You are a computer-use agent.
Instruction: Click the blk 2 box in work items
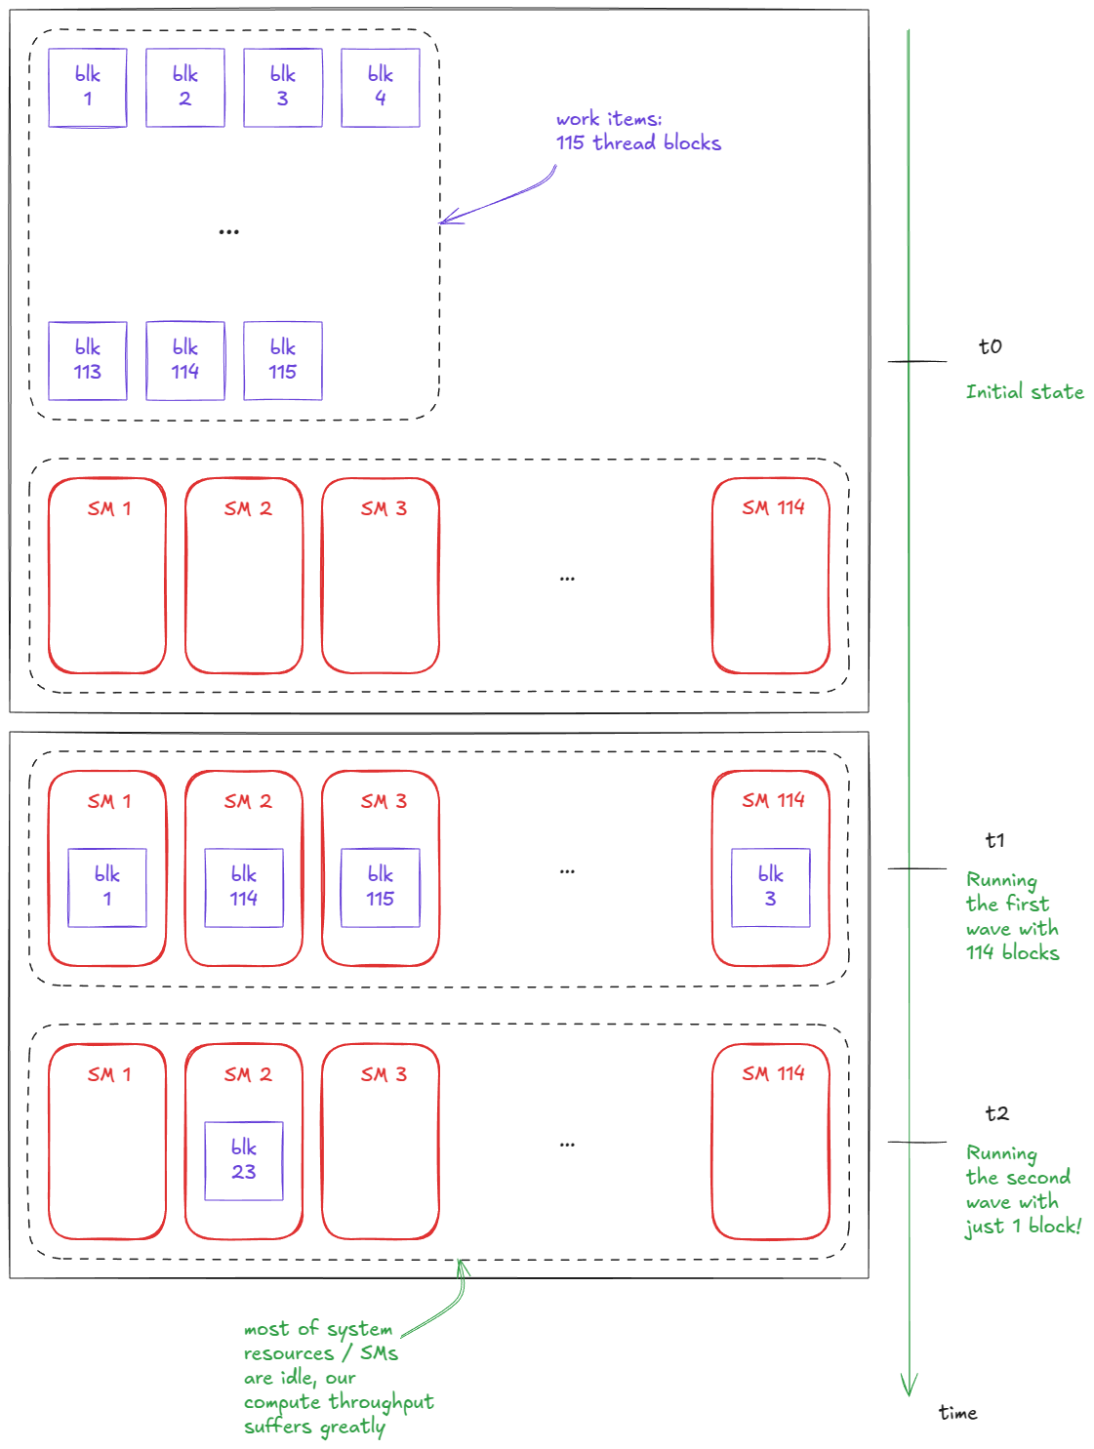pos(185,88)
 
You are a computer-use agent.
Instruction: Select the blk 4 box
pos(381,88)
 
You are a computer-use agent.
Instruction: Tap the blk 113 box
pos(88,361)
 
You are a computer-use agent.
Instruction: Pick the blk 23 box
pos(244,1161)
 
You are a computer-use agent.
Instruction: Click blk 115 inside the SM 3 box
pos(381,888)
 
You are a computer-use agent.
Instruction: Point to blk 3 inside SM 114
pos(771,888)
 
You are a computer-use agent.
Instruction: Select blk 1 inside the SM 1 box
pos(107,888)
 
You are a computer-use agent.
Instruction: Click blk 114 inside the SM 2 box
pos(244,888)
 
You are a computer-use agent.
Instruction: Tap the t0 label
pos(991,346)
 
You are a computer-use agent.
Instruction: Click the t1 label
pos(995,840)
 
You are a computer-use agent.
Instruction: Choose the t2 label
pos(997,1113)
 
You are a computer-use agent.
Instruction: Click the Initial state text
pos(1025,392)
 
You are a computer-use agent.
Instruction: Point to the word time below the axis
pos(957,1413)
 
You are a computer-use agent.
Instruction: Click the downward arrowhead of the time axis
pos(909,1386)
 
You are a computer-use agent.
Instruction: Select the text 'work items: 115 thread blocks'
pos(638,131)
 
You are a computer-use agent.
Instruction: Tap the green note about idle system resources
pos(338,1377)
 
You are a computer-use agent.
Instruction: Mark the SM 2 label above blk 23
pos(248,1074)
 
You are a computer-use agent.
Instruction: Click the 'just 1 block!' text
pos(1024,1227)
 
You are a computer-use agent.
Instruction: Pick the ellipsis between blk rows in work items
pos(229,232)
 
